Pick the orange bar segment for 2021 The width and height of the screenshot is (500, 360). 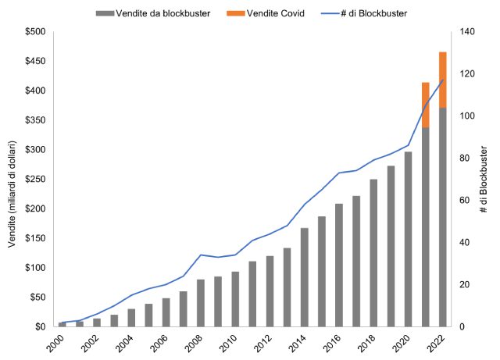point(426,105)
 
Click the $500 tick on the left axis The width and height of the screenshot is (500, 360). point(34,32)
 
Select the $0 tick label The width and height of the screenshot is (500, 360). point(39,326)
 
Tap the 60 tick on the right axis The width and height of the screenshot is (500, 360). point(466,200)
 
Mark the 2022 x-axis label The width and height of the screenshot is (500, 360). point(436,342)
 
